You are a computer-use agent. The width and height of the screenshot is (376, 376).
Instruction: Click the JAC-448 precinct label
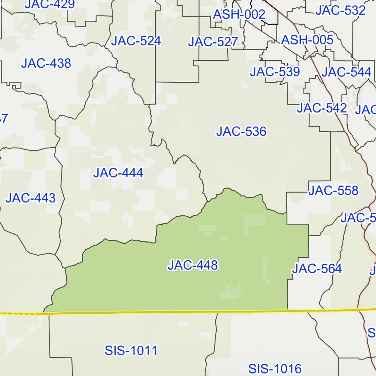[193, 265]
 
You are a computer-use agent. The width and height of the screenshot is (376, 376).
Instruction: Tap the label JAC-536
[241, 132]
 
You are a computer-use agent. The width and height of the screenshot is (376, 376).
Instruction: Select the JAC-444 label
[118, 173]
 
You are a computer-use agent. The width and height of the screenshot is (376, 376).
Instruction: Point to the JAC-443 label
[31, 198]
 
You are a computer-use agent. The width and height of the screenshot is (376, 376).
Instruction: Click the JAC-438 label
[46, 63]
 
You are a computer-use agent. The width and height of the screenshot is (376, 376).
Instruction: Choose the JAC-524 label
[136, 41]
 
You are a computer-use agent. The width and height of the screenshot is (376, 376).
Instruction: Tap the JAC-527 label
[213, 42]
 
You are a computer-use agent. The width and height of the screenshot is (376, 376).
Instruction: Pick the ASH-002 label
[239, 14]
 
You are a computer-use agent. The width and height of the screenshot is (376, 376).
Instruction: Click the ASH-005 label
[307, 40]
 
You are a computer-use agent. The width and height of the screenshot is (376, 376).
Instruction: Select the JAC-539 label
[275, 72]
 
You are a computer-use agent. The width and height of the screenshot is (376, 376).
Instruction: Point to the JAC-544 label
[346, 72]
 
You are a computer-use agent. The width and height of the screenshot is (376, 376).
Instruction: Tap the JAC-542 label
[322, 108]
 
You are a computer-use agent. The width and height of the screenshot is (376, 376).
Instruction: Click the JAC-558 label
[333, 191]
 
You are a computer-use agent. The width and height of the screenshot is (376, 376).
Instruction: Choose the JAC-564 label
[317, 269]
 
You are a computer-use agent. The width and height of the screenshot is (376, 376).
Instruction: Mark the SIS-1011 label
[131, 351]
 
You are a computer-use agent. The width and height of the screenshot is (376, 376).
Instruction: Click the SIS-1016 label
[275, 369]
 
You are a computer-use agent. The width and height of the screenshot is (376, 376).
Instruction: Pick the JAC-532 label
[341, 11]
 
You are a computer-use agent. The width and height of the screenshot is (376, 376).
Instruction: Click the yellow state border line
[188, 311]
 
